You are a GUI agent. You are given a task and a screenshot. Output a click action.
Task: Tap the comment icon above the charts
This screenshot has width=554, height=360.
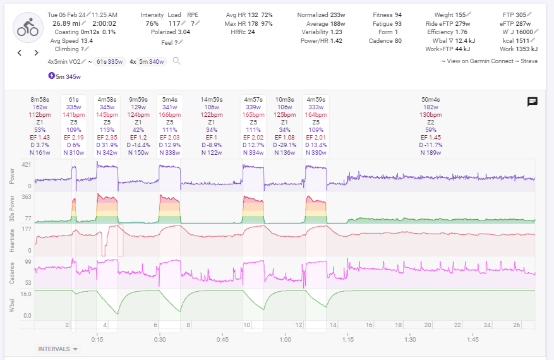pyautogui.click(x=533, y=102)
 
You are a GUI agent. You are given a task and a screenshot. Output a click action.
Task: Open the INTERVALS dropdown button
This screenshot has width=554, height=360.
pyautogui.click(x=58, y=349)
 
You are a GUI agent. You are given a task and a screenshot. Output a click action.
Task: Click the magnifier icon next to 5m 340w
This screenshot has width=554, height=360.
pyautogui.click(x=177, y=61)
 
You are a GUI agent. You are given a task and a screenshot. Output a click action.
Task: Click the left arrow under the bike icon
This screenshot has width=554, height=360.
pyautogui.click(x=20, y=53)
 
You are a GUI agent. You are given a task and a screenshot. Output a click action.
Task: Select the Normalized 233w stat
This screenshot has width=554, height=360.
pyautogui.click(x=321, y=14)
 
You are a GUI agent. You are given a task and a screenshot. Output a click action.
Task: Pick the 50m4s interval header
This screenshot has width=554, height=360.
pyautogui.click(x=430, y=100)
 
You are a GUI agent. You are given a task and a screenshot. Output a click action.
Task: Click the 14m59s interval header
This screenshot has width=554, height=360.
pyautogui.click(x=211, y=100)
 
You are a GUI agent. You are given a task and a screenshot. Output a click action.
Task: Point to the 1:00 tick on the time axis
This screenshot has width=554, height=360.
pyautogui.click(x=285, y=339)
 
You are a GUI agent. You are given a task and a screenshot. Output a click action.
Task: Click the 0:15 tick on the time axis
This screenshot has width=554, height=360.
pyautogui.click(x=97, y=339)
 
